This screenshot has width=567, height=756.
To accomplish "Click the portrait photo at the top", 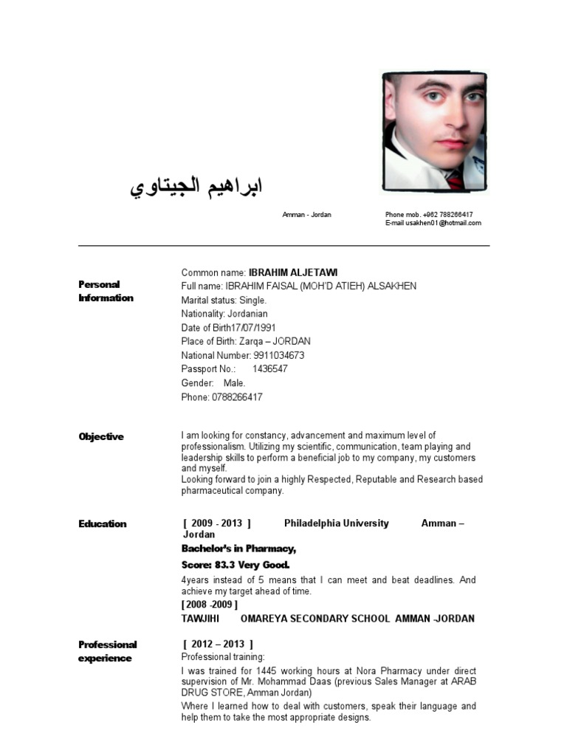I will click(x=434, y=131).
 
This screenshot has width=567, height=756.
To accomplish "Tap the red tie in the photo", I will click(x=456, y=179).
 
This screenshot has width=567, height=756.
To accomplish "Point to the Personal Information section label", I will click(x=106, y=291).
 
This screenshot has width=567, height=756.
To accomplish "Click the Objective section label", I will click(x=101, y=436).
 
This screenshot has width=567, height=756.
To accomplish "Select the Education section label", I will click(x=103, y=523).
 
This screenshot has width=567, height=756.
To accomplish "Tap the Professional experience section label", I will click(x=107, y=651).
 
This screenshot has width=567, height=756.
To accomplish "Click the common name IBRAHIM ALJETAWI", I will click(x=293, y=272).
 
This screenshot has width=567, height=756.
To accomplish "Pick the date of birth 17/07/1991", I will click(x=252, y=328).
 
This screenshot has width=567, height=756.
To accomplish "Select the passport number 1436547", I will click(x=269, y=369).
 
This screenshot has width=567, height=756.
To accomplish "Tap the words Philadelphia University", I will click(x=336, y=523).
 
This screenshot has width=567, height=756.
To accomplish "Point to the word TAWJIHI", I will click(x=200, y=618).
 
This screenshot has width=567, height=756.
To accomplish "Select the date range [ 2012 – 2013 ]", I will click(x=218, y=644).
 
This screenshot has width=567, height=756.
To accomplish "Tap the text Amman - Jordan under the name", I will click(x=306, y=214).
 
